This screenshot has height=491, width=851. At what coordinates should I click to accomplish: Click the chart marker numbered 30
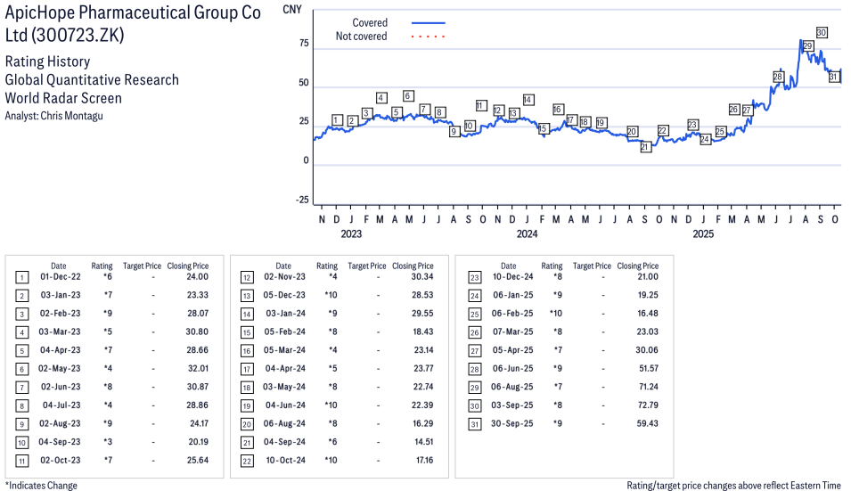pyautogui.click(x=822, y=33)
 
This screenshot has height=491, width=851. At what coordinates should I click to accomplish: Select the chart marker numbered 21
pyautogui.click(x=646, y=147)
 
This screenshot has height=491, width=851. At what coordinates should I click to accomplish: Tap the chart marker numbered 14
pyautogui.click(x=528, y=100)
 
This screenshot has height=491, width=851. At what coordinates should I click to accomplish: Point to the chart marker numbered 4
pyautogui.click(x=381, y=98)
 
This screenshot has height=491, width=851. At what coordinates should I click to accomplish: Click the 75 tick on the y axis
pyautogui.click(x=303, y=44)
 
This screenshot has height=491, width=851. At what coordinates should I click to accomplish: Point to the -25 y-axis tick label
pyautogui.click(x=301, y=200)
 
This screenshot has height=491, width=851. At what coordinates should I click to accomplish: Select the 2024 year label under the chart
pyautogui.click(x=527, y=234)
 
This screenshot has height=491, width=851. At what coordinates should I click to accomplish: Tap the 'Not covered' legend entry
pyautogui.click(x=361, y=37)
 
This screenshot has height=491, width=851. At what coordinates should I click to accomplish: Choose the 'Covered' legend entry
pyautogui.click(x=369, y=22)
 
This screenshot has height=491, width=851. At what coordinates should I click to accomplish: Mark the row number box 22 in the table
pyautogui.click(x=246, y=461)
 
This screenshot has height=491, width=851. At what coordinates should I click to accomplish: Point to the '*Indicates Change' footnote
pyautogui.click(x=41, y=486)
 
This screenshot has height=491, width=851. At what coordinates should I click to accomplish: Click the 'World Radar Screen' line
pyautogui.click(x=63, y=98)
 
